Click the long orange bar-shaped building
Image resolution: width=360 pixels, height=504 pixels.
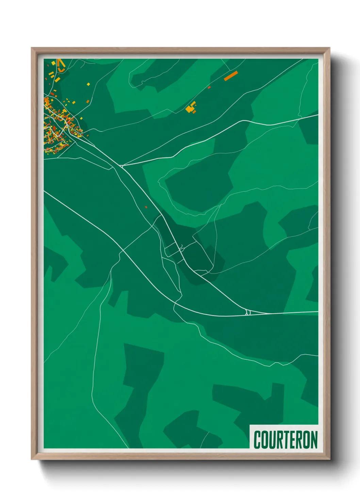coord(231,76)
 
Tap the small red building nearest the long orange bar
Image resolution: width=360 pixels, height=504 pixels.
coord(209,88)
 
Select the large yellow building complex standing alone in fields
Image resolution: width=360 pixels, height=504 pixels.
coord(190,108)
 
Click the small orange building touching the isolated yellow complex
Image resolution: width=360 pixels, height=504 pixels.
coord(194,111)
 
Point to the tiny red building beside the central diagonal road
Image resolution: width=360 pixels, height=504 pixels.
coord(146,207)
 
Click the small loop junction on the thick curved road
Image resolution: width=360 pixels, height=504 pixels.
coord(248,312)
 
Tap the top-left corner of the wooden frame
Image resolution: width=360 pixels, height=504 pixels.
coord(32,48)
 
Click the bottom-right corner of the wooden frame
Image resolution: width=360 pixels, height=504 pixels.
coord(329,459)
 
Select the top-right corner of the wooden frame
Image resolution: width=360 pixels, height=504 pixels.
coord(329,48)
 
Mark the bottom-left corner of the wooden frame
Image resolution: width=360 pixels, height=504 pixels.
coord(32,459)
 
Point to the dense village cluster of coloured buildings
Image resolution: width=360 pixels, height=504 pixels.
coord(58,126)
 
